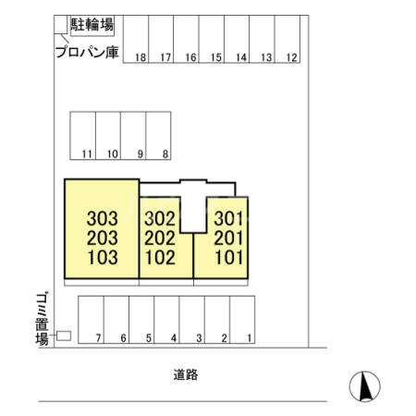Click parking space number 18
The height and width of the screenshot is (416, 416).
(x=136, y=40)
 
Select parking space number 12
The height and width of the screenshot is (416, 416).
(x=288, y=40)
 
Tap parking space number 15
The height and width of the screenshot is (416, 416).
(x=212, y=40)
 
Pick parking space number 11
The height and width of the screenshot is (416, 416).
(x=83, y=136)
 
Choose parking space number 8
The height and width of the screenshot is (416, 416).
(x=158, y=136)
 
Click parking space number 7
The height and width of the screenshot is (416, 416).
(x=92, y=320)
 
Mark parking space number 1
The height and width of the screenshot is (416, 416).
(x=242, y=320)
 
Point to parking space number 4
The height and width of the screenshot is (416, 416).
(x=166, y=320)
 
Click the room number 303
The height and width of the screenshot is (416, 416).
(x=103, y=218)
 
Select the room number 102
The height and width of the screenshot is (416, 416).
(x=160, y=258)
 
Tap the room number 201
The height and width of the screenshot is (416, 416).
(x=228, y=239)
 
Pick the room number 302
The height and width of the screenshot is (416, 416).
(x=160, y=218)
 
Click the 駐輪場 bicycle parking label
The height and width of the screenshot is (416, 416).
(x=92, y=25)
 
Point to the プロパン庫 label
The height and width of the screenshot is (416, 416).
(x=87, y=52)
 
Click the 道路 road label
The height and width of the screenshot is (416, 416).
(x=186, y=374)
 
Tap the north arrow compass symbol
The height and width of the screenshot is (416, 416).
(x=365, y=386)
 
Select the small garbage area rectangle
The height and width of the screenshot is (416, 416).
(x=64, y=336)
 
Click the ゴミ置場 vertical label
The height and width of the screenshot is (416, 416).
(x=42, y=319)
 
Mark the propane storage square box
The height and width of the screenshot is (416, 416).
(x=61, y=24)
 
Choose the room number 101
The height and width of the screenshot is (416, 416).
(x=228, y=258)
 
